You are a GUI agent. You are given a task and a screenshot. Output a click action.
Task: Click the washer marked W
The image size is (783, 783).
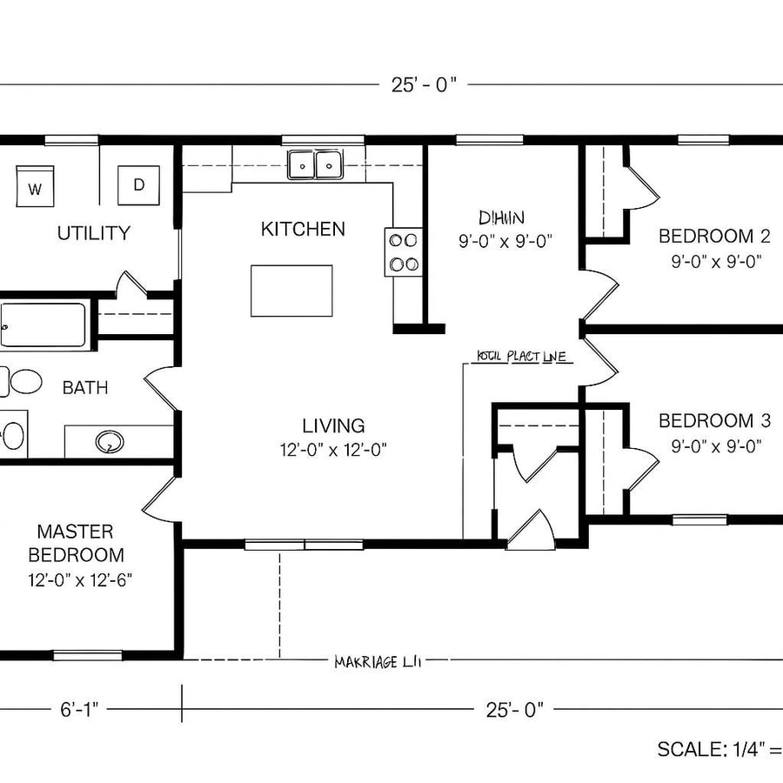(x=34, y=186)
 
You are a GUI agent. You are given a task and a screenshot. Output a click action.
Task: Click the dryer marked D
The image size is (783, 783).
(x=138, y=184)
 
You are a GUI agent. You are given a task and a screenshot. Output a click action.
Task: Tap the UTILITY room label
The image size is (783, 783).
(x=94, y=233)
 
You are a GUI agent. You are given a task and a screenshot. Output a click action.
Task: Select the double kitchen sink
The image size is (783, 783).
(x=315, y=164)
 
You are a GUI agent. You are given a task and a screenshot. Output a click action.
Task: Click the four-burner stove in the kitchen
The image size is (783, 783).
(x=404, y=251)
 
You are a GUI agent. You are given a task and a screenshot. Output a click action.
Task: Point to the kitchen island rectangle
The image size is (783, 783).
(x=291, y=291)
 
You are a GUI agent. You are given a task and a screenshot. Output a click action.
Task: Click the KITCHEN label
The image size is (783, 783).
(x=303, y=229)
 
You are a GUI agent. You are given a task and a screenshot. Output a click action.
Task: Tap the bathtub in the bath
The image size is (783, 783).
(x=43, y=325)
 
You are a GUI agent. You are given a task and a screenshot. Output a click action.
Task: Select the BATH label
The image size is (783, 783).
(x=85, y=388)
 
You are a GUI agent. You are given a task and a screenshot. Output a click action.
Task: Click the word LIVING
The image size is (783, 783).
(x=333, y=426)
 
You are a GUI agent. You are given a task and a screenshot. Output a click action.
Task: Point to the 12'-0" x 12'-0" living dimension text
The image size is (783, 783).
(x=333, y=449)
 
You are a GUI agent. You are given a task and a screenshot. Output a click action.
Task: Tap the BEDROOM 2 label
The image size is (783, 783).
(x=714, y=236)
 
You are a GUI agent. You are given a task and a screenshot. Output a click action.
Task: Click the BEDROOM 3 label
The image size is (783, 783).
(x=714, y=421)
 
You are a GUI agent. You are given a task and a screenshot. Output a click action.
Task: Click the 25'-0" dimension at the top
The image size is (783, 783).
(x=424, y=84)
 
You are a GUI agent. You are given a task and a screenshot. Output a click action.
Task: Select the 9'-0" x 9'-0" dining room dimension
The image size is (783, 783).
(x=505, y=241)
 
